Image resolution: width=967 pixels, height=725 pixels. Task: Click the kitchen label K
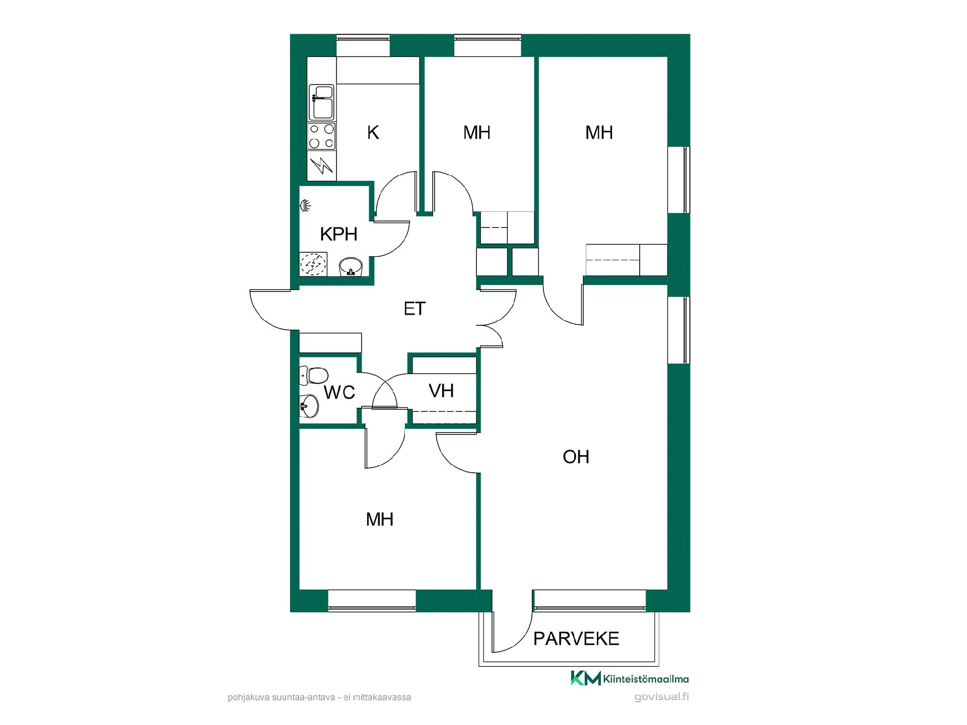point(373,132)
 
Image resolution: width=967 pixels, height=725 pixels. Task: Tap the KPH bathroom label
point(338,234)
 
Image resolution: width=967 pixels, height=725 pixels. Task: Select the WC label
point(339,392)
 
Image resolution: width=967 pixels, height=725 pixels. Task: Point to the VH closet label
point(441,391)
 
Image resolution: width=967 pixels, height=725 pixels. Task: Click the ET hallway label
point(415,309)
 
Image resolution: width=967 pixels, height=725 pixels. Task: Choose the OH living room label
point(576,457)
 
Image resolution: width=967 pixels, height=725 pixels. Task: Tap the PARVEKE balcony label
point(576,638)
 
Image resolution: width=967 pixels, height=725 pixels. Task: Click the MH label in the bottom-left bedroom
point(379,519)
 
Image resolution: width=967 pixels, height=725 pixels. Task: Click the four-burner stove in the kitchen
point(321,136)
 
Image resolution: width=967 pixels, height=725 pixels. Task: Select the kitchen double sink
point(321,102)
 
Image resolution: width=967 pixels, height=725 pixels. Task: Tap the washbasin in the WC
point(308,405)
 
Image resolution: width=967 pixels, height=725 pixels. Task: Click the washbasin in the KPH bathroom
point(351,267)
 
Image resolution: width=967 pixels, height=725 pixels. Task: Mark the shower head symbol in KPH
point(305,205)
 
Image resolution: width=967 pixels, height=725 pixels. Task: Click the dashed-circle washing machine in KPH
point(313,264)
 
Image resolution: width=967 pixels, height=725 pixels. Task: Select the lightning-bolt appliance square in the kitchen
point(321,166)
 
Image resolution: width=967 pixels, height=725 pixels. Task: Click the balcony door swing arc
point(521,637)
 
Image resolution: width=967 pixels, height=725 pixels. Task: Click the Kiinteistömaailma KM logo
point(630,678)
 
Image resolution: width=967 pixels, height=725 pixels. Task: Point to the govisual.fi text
point(662,697)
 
